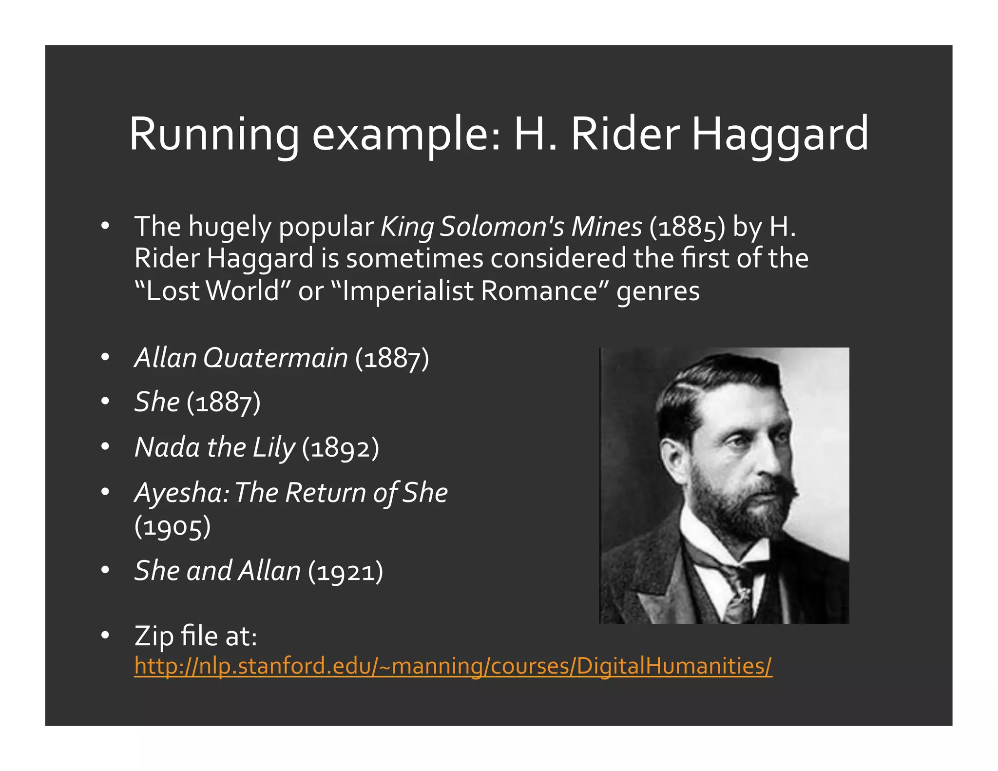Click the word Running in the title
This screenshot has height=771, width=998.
[213, 134]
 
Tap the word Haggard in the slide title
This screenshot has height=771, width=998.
[780, 134]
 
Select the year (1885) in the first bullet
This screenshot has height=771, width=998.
[687, 227]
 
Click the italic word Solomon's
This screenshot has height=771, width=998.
[501, 227]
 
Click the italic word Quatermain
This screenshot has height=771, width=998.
[275, 358]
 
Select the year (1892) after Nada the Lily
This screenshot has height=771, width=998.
[340, 447]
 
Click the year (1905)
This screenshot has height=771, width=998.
[173, 527]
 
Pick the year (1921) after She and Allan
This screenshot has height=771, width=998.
[345, 571]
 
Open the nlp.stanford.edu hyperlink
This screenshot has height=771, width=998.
[453, 666]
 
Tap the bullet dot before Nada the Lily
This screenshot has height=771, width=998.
[105, 446]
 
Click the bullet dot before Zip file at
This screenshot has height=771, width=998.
[105, 635]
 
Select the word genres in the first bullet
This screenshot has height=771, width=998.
[658, 291]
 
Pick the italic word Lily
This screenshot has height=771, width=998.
[273, 447]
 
